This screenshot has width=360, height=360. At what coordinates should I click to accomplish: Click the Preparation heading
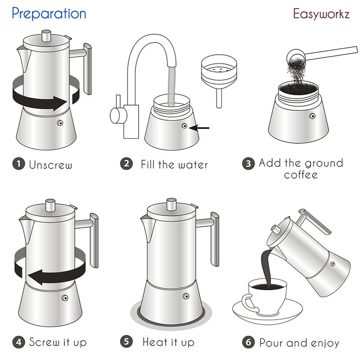[49, 13]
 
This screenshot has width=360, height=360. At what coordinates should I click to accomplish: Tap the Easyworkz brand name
[321, 14]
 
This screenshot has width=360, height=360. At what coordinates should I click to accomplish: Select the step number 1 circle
[18, 164]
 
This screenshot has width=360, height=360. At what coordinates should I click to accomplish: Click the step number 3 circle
[248, 163]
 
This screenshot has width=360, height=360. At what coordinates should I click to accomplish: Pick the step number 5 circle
[126, 342]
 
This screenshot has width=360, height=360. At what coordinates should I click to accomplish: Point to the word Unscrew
[50, 165]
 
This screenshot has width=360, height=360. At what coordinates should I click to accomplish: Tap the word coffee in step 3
[301, 175]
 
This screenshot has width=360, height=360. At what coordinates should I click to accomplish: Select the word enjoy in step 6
[325, 343]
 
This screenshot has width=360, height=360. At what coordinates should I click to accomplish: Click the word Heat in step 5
[155, 342]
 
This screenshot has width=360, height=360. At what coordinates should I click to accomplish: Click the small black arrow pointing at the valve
[200, 128]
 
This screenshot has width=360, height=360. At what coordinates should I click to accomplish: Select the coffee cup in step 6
[266, 296]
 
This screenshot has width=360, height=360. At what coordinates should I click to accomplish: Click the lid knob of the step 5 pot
[171, 205]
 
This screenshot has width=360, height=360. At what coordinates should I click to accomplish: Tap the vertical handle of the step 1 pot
[87, 69]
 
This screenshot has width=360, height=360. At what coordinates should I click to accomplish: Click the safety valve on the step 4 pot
[65, 298]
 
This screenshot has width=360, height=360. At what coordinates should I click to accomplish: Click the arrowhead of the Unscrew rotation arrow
[60, 103]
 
